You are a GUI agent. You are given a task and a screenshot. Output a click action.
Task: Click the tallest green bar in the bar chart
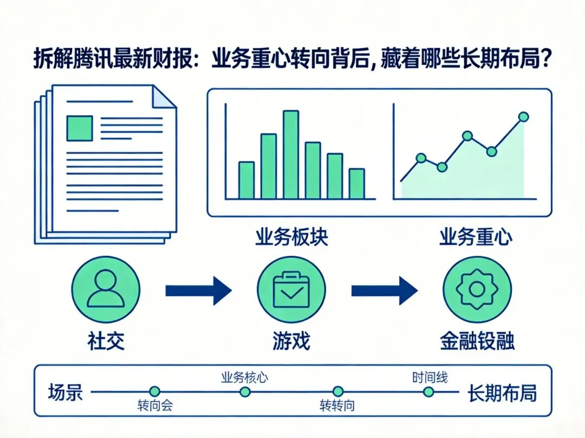[x=291, y=155]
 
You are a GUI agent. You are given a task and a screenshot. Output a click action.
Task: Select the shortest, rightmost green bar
[x=356, y=184]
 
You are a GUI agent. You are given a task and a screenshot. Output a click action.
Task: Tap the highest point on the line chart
[x=523, y=116]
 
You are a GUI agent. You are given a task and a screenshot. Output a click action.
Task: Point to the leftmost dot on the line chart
[x=421, y=158]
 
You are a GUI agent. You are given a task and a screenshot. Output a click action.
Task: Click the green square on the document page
[x=79, y=128]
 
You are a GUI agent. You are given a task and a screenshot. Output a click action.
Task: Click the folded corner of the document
[x=165, y=97]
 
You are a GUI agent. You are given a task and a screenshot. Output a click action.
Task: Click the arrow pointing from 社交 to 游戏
[x=198, y=290]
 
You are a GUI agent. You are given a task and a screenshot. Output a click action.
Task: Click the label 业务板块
[x=291, y=238]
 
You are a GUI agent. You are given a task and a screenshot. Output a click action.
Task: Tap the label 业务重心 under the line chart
[x=475, y=238]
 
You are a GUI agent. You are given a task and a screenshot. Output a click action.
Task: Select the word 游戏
[x=291, y=342]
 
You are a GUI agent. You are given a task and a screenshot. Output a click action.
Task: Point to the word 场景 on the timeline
[x=66, y=391]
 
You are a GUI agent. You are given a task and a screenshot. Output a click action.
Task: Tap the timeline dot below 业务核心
[x=244, y=391]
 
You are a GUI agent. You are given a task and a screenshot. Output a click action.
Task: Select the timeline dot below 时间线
[x=428, y=391]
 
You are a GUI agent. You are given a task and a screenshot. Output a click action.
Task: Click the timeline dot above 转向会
[x=155, y=391]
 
